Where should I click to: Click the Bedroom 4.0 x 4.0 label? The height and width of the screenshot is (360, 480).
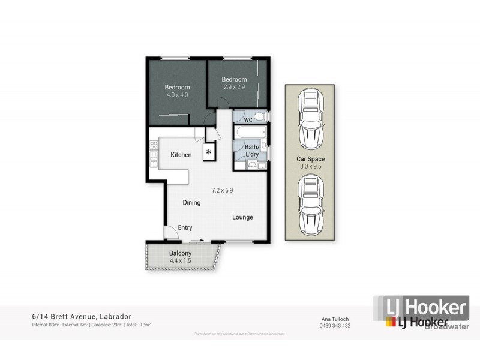pos(177,91)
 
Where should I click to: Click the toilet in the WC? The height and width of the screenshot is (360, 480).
pos(259,116)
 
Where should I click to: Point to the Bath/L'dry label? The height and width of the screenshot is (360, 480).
pos(252,151)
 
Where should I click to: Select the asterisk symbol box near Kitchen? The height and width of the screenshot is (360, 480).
pos(209,152)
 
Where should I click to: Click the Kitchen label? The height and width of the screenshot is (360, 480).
pos(181,155)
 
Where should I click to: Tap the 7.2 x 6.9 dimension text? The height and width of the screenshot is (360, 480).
pos(223,190)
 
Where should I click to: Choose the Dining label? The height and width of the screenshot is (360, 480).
pos(191,203)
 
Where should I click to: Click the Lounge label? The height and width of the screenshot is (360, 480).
pos(242,217)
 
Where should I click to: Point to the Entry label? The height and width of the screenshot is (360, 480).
pos(185,227)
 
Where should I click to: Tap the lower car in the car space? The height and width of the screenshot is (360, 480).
pos(310,204)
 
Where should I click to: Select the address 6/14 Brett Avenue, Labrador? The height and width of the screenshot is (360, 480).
pos(82,316)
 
